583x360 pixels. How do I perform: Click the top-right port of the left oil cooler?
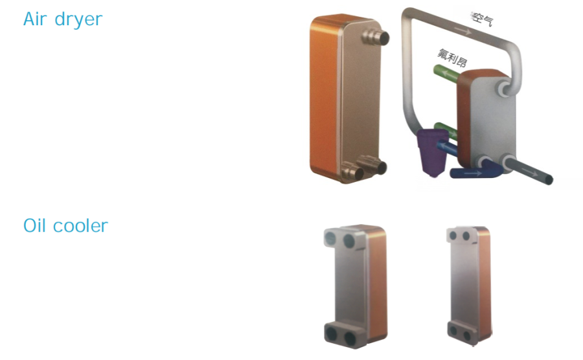(x=350, y=241)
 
